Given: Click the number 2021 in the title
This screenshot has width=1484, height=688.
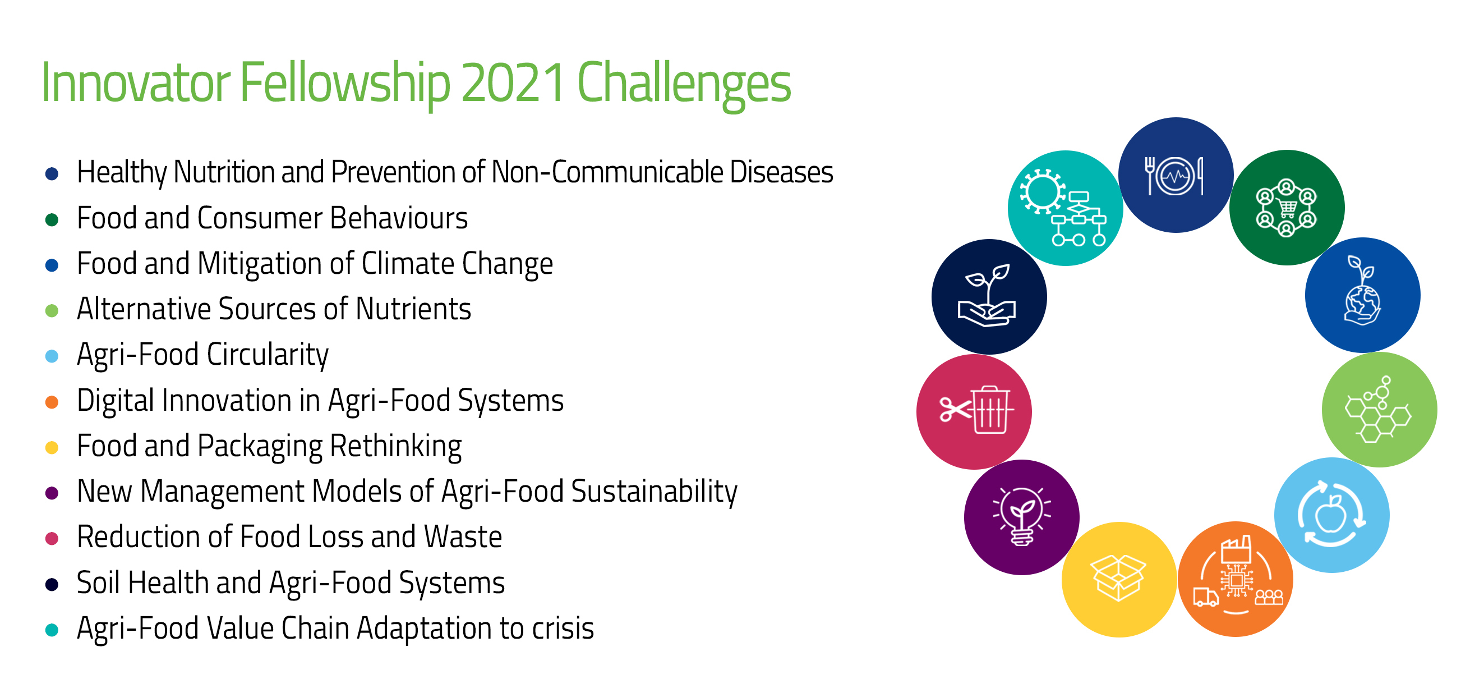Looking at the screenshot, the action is pyautogui.click(x=513, y=83).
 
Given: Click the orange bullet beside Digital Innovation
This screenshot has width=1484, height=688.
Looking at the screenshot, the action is pyautogui.click(x=52, y=402).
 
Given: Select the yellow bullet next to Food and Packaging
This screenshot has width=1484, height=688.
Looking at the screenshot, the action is pyautogui.click(x=52, y=448).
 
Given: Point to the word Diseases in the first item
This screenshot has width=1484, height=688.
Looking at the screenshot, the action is pyautogui.click(x=781, y=172).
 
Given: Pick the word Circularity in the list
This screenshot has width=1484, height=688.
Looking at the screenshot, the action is pyautogui.click(x=268, y=355).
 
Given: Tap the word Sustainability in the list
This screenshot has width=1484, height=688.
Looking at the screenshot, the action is pyautogui.click(x=654, y=492).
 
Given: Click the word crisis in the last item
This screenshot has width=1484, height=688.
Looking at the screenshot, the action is pyautogui.click(x=563, y=628).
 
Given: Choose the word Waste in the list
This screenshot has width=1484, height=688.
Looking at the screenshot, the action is pyautogui.click(x=463, y=537).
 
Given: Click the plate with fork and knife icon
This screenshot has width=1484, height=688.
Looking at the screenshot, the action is pyautogui.click(x=1174, y=176).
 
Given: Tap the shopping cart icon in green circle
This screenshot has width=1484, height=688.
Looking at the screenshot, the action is pyautogui.click(x=1287, y=208).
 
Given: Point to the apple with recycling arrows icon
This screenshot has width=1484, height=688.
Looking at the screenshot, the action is pyautogui.click(x=1331, y=515).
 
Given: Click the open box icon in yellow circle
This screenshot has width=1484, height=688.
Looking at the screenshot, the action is pyautogui.click(x=1118, y=578).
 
